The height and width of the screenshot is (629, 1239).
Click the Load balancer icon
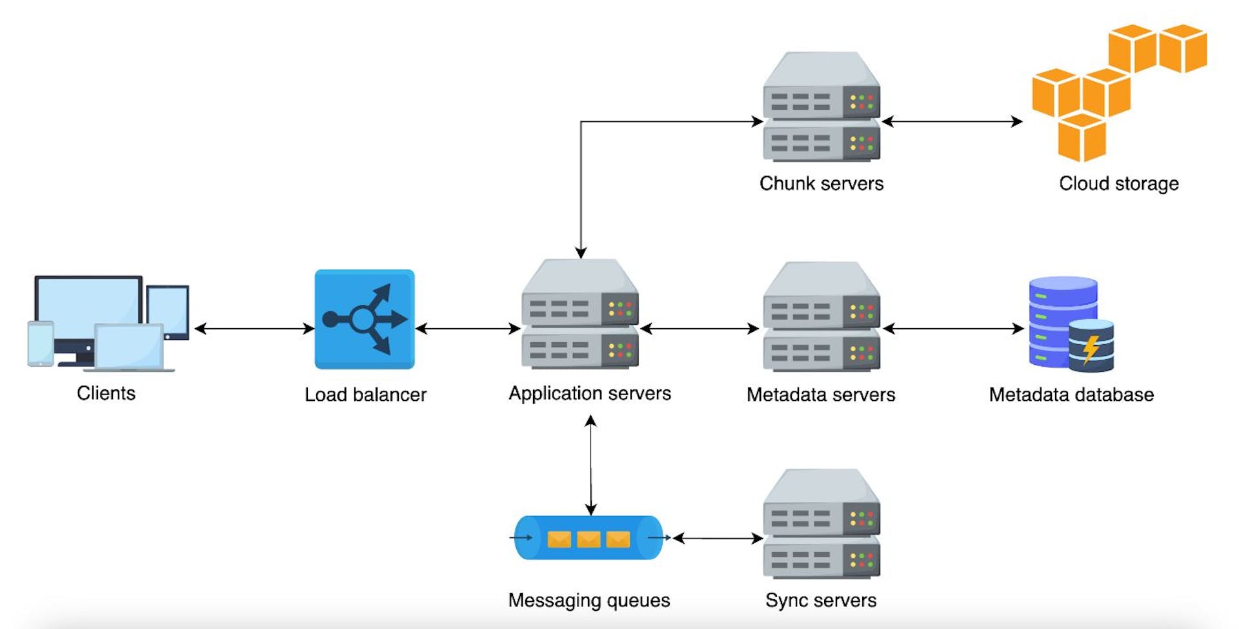click(x=365, y=319)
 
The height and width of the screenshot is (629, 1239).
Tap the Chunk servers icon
click(x=821, y=107)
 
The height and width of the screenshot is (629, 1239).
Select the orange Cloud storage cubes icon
click(x=1119, y=93)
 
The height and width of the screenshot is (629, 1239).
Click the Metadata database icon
click(x=1071, y=324)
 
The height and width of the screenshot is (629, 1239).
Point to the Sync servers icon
click(x=821, y=524)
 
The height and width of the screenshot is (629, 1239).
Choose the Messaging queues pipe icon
click(x=589, y=537)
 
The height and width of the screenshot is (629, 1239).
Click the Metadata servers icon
click(x=821, y=316)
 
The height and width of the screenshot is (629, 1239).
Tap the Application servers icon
click(x=580, y=314)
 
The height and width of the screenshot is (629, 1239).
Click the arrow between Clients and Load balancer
click(x=254, y=329)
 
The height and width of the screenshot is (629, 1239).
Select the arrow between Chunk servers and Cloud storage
click(x=952, y=121)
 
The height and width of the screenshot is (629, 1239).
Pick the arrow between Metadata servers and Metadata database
click(x=953, y=329)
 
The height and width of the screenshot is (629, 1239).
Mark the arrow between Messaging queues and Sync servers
click(x=718, y=538)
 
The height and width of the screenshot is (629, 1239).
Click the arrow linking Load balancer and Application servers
click(x=468, y=329)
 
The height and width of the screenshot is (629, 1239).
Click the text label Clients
click(x=106, y=393)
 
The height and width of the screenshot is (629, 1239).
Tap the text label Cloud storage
click(x=1118, y=184)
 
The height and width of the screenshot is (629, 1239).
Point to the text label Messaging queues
click(x=589, y=601)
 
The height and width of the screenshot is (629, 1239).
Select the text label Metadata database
click(x=1071, y=395)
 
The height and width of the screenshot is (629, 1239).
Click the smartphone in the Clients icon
click(x=41, y=344)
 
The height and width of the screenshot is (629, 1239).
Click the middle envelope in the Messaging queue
click(x=589, y=539)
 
